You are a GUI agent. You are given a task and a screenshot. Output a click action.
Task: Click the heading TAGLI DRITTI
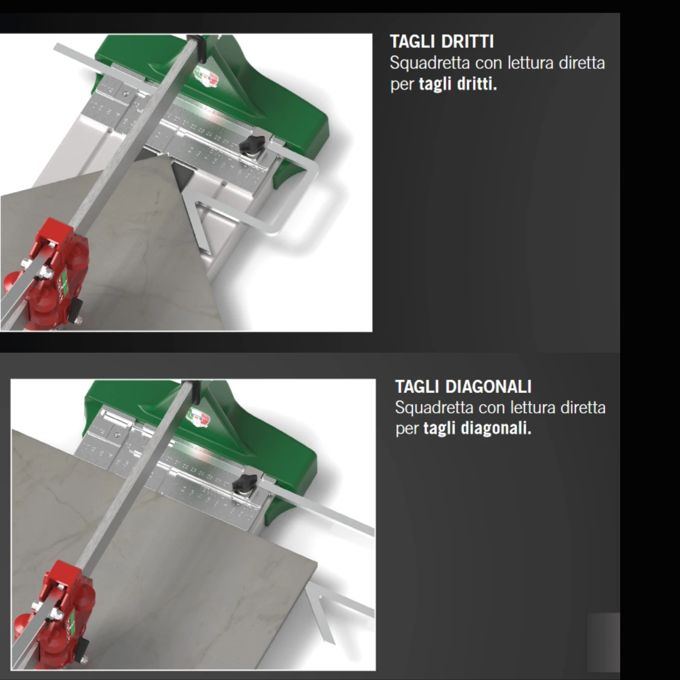(x=442, y=42)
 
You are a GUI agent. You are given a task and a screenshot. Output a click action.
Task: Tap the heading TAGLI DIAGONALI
(x=463, y=387)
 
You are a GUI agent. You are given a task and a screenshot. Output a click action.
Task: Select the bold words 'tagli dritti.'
(x=457, y=84)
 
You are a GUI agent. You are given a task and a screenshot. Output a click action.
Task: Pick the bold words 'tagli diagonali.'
(x=477, y=428)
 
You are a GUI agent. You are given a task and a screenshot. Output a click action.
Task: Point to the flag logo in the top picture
(x=206, y=76)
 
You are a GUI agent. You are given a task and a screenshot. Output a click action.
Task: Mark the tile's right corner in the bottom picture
(x=316, y=563)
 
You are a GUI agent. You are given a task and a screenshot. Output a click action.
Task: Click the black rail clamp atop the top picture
(x=199, y=45)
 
